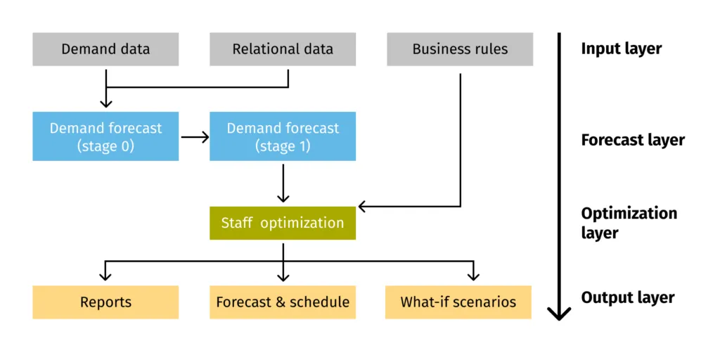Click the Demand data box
[105, 49]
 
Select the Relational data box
[283, 49]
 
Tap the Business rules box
[460, 49]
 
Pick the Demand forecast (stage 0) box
[105, 137]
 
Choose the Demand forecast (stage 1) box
[283, 137]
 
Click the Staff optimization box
[283, 223]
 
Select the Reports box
[105, 302]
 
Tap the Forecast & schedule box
[283, 302]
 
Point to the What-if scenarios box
[458, 302]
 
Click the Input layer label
[621, 49]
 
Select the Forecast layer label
[632, 140]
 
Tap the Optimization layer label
[629, 222]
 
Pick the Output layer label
[627, 297]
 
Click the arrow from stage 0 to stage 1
[195, 137]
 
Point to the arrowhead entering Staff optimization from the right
[363, 207]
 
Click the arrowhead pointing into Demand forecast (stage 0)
[105, 103]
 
